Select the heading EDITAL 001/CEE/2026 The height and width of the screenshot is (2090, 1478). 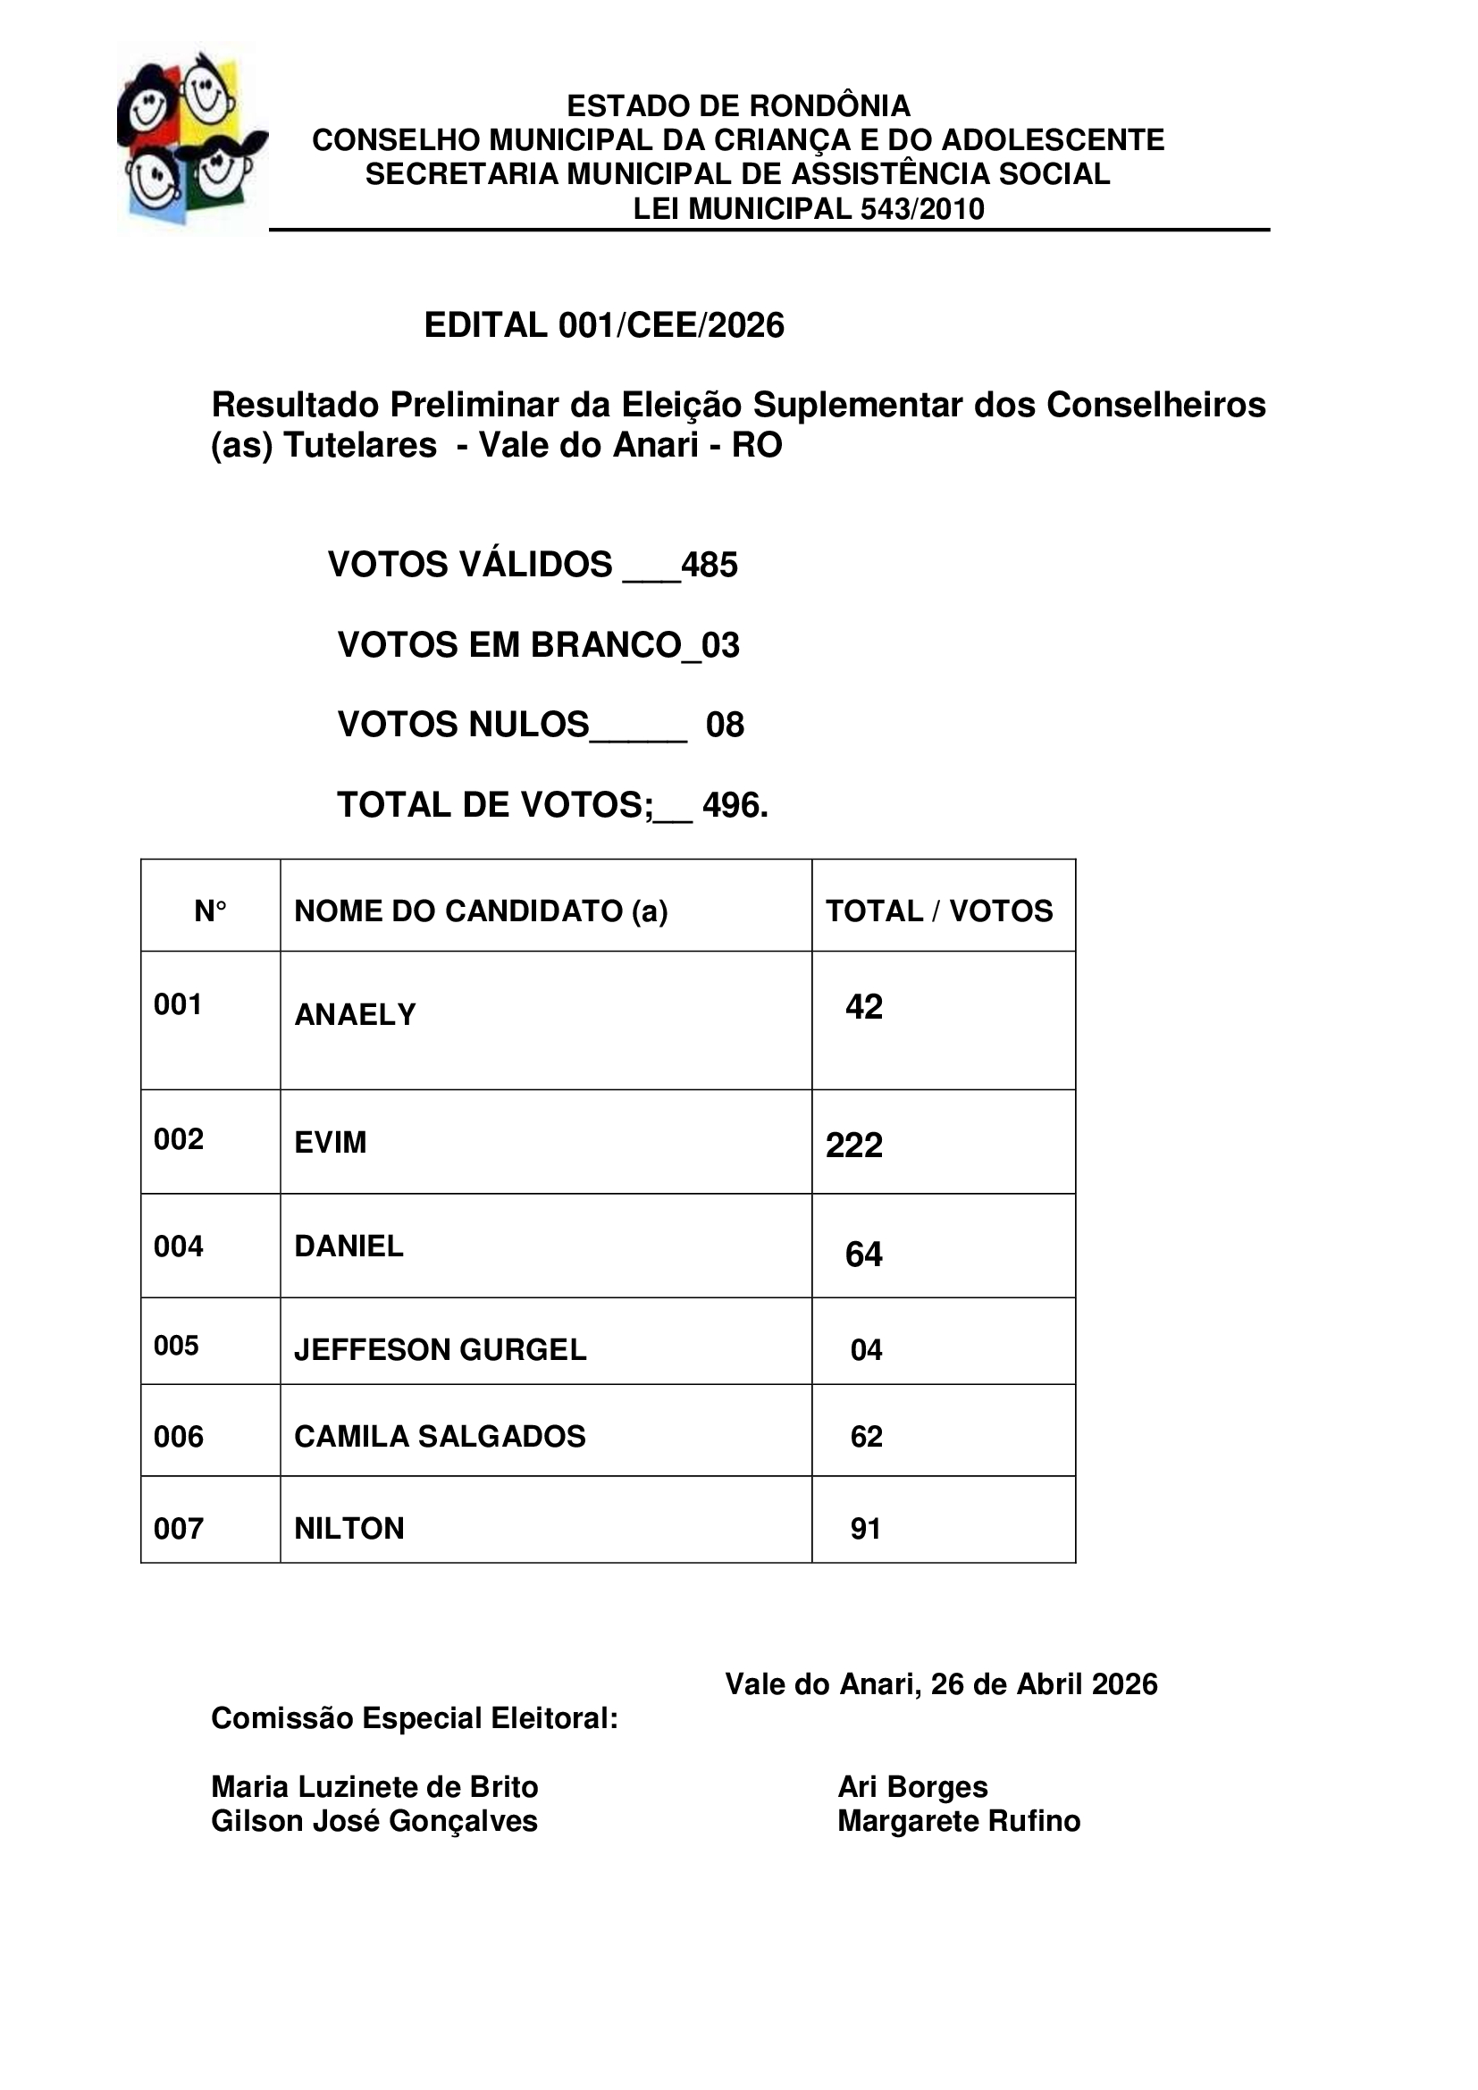[603, 325]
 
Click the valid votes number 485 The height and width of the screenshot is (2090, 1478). [709, 565]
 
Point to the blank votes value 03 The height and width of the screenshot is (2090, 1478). [721, 644]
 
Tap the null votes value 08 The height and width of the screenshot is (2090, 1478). [725, 725]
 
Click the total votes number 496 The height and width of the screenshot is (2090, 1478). [734, 805]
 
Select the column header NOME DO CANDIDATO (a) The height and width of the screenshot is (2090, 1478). [481, 911]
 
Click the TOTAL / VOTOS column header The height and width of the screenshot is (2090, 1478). [938, 911]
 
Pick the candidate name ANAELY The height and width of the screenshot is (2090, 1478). [355, 1014]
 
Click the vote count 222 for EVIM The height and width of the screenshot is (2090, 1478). [853, 1146]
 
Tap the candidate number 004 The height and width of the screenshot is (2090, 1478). [179, 1246]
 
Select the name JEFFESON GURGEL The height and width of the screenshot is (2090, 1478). [440, 1349]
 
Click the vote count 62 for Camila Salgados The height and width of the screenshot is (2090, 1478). [866, 1437]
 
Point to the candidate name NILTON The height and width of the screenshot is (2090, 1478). [349, 1528]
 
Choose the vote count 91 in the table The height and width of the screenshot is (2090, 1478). [865, 1529]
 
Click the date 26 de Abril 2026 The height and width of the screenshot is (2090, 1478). [1044, 1685]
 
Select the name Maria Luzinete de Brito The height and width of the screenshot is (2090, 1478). [374, 1787]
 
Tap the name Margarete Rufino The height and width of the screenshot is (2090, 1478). [958, 1821]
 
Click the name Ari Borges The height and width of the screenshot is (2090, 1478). [912, 1787]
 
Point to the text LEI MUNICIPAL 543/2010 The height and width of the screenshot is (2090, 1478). [808, 208]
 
